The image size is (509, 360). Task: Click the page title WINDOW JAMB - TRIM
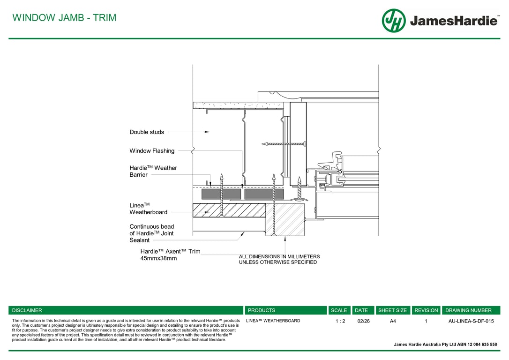pyautogui.click(x=64, y=18)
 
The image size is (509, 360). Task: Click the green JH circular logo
pyautogui.click(x=394, y=21)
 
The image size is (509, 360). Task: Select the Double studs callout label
pyautogui.click(x=147, y=132)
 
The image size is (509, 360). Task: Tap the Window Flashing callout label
pyautogui.click(x=152, y=151)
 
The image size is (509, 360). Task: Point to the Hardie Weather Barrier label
pyautogui.click(x=153, y=171)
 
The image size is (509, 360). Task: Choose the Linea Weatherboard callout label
pyautogui.click(x=148, y=209)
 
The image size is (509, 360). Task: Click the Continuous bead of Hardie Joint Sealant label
pyautogui.click(x=151, y=233)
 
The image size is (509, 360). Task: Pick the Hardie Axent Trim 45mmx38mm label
pyautogui.click(x=170, y=255)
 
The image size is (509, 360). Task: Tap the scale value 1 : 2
pyautogui.click(x=340, y=321)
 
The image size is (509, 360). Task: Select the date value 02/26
pyautogui.click(x=363, y=321)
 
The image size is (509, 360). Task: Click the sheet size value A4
pyautogui.click(x=393, y=321)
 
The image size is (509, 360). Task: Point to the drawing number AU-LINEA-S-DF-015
pyautogui.click(x=471, y=321)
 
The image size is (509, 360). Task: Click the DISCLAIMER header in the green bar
pyautogui.click(x=27, y=310)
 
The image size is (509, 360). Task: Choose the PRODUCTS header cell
pyautogui.click(x=262, y=310)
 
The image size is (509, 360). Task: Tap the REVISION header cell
pyautogui.click(x=426, y=310)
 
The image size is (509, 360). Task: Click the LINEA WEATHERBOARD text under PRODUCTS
pyautogui.click(x=273, y=321)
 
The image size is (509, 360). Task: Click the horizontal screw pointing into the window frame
pyautogui.click(x=284, y=143)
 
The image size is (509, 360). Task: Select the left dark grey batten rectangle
pyautogui.click(x=221, y=194)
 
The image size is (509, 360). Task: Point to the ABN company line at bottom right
pyautogui.click(x=445, y=345)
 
